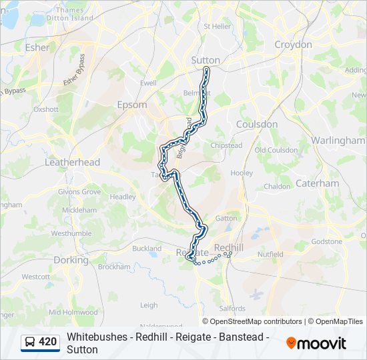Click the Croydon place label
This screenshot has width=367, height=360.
293,45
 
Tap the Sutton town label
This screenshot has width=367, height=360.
205,60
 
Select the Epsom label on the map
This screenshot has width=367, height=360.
131,105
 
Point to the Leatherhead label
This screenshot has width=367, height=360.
72,162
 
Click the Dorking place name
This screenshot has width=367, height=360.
71,260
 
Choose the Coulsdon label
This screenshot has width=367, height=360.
257,124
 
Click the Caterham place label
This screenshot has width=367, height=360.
317,183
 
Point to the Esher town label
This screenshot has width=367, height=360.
37,47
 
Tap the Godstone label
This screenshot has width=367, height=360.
326,241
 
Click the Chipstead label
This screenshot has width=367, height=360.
226,145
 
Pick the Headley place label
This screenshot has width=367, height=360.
123,197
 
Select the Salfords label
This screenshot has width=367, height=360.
232,309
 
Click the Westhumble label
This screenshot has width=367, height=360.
71,233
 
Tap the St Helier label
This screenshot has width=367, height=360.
217,27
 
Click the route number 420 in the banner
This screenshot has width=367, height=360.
47,342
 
